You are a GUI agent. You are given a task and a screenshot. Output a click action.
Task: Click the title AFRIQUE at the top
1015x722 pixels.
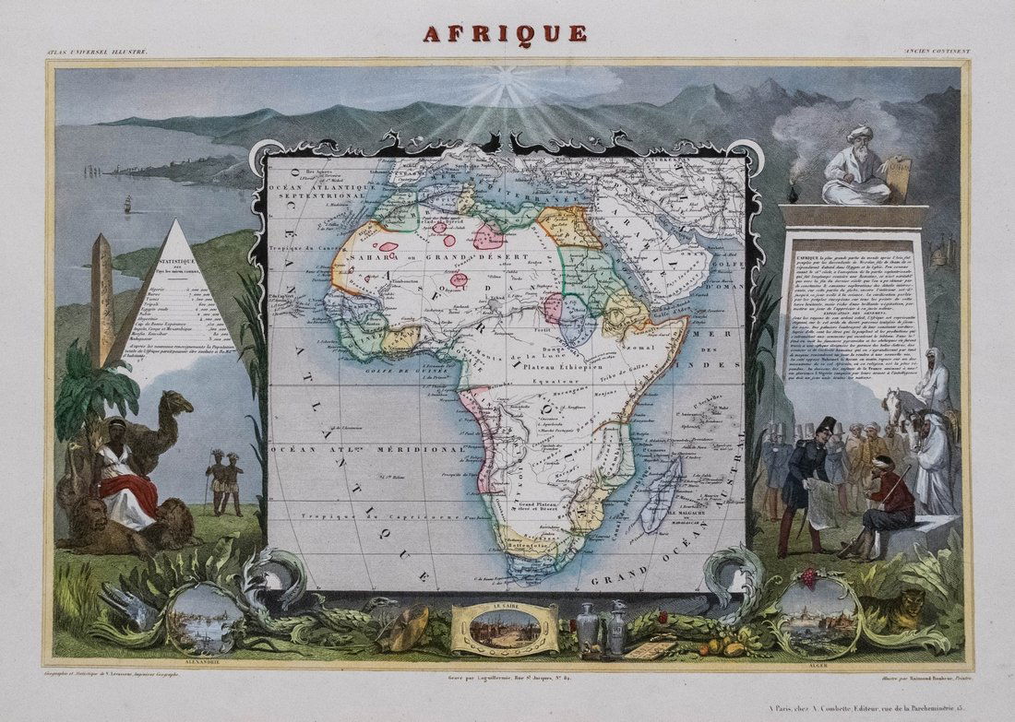click(505, 33)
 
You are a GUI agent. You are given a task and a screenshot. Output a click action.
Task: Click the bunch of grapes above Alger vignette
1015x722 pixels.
click(809, 578)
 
